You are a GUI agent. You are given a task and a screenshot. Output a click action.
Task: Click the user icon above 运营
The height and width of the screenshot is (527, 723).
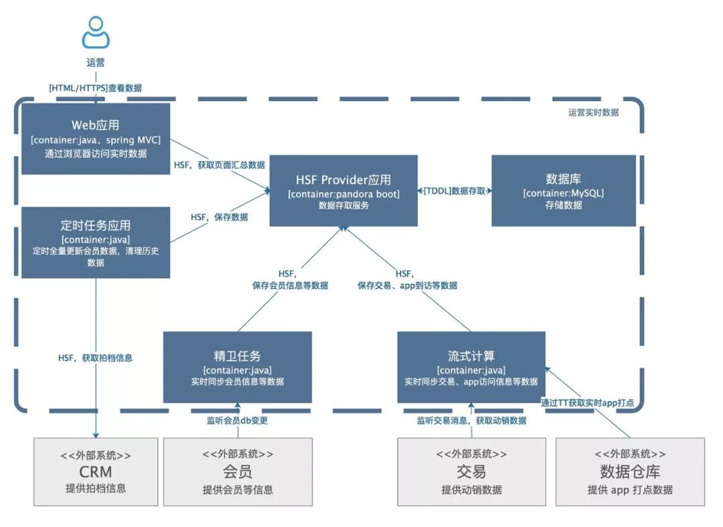click(96, 31)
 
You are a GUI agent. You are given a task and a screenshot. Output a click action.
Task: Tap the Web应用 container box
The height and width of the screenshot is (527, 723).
click(96, 139)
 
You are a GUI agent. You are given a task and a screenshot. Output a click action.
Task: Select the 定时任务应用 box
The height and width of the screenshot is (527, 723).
click(96, 242)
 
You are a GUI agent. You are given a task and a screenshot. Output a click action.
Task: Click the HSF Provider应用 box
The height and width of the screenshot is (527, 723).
click(343, 191)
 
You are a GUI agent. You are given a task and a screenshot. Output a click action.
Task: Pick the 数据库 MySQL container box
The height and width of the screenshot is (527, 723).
click(564, 191)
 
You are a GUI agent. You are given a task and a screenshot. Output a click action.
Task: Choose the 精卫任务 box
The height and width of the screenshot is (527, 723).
click(237, 367)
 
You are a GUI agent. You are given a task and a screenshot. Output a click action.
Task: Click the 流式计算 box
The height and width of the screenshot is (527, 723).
click(471, 367)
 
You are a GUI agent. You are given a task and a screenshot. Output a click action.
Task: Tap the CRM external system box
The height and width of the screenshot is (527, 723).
click(96, 471)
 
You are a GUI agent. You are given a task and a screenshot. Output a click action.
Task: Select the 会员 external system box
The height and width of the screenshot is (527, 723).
click(238, 471)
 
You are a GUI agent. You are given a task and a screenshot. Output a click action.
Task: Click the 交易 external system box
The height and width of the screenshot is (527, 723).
click(471, 471)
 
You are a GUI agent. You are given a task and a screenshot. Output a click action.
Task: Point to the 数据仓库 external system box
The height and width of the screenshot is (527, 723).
click(630, 471)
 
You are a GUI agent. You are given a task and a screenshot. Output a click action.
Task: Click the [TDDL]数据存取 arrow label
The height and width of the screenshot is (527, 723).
click(455, 192)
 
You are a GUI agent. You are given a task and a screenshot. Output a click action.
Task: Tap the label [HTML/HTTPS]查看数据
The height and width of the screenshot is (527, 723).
click(96, 88)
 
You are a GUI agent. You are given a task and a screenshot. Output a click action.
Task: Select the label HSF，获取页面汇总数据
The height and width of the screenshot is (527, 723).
click(219, 165)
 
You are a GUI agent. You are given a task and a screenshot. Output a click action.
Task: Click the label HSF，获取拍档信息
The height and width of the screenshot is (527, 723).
click(95, 358)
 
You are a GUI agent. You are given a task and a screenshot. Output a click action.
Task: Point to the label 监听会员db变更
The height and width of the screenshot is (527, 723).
click(237, 421)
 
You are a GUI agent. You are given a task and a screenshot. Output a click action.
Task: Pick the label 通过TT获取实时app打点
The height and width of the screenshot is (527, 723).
click(587, 402)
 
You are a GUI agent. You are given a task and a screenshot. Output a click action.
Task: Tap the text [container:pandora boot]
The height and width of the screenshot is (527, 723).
click(343, 194)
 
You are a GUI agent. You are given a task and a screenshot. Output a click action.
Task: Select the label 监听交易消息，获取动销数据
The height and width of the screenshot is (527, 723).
click(471, 421)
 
